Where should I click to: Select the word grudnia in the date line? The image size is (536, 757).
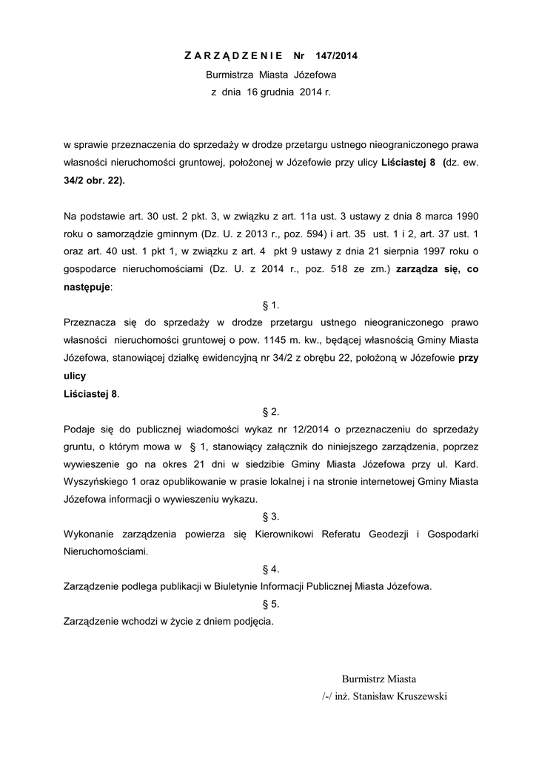tap(277, 94)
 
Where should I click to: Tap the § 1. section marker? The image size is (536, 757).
tap(270, 305)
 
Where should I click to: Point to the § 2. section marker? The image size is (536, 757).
tap(270, 411)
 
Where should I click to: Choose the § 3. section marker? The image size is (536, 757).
tap(270, 517)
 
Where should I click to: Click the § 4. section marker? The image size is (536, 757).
tap(270, 569)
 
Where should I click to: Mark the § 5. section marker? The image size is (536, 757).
tap(270, 604)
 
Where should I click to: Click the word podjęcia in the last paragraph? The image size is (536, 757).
tap(253, 621)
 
